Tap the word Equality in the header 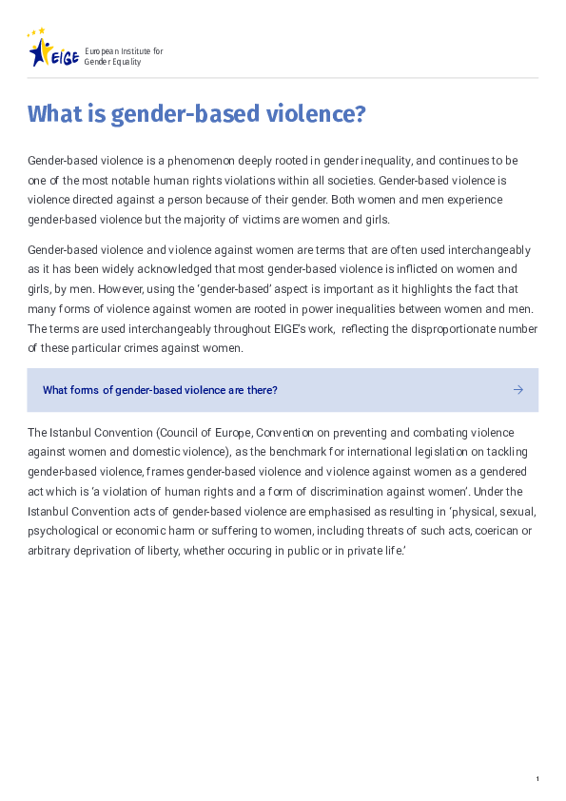click(x=125, y=61)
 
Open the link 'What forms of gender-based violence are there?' click(x=160, y=390)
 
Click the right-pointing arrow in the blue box click(x=518, y=390)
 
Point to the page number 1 click(x=537, y=780)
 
